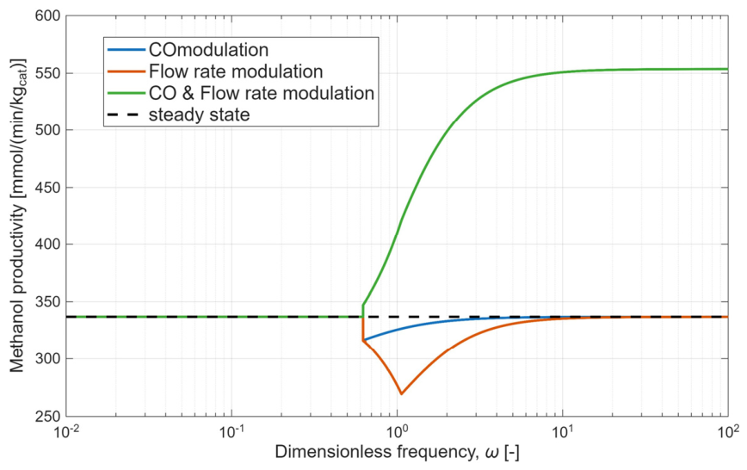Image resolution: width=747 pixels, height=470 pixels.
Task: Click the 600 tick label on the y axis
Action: coord(47,15)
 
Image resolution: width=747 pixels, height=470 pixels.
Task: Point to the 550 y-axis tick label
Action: coord(47,73)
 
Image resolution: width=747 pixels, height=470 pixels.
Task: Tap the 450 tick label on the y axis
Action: coord(47,188)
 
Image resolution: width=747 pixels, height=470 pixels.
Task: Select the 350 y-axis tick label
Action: coord(47,302)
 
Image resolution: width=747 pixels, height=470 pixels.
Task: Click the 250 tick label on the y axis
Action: coord(47,416)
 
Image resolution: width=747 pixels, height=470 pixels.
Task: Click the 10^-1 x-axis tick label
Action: coord(232,432)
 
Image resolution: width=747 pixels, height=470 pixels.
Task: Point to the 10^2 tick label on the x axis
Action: coord(727,432)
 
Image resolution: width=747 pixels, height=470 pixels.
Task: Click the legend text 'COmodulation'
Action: coord(208,50)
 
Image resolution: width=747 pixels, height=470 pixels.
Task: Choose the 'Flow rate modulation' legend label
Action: coord(236,71)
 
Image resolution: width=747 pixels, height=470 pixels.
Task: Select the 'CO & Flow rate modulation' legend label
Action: coord(262,93)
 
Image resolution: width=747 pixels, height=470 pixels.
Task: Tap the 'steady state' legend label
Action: coord(199,114)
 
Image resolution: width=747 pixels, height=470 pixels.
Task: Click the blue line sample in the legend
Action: coord(126,50)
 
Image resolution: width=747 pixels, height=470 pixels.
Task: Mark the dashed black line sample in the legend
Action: coord(126,114)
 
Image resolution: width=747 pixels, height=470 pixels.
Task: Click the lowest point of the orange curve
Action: coord(401,393)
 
